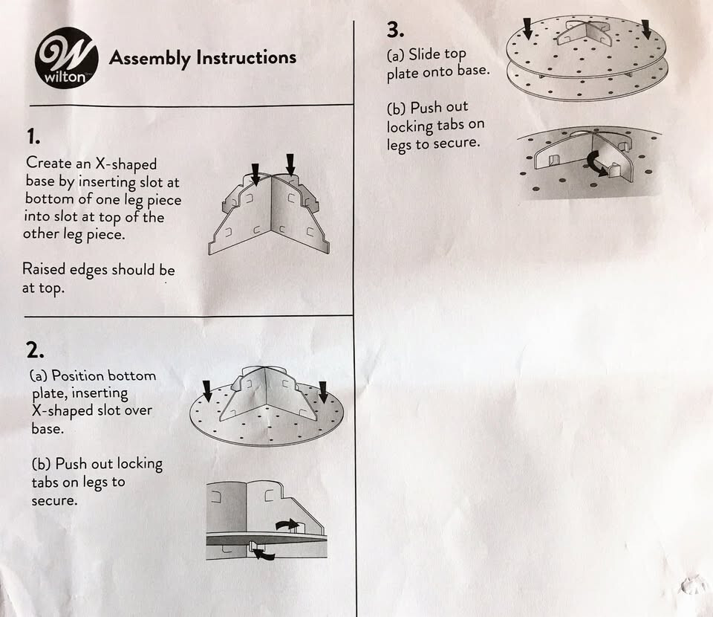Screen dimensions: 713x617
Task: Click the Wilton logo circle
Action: tap(66, 58)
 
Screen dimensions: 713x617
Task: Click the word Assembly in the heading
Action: tap(149, 59)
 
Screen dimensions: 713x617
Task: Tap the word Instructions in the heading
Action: tap(247, 57)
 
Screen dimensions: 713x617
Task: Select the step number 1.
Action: tap(33, 137)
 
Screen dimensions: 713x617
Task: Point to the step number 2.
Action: tap(35, 350)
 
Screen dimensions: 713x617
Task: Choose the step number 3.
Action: tap(395, 30)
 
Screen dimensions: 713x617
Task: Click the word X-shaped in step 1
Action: tap(126, 164)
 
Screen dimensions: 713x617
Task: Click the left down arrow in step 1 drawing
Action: tap(255, 174)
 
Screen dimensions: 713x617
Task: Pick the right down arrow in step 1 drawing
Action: tap(290, 164)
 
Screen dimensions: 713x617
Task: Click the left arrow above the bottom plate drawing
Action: tap(207, 391)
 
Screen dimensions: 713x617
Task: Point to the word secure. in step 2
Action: tap(54, 500)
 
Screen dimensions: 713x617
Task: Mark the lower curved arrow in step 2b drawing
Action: tap(263, 553)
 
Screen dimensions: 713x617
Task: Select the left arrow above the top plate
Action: tap(527, 28)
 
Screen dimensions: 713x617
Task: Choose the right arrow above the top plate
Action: tap(646, 29)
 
